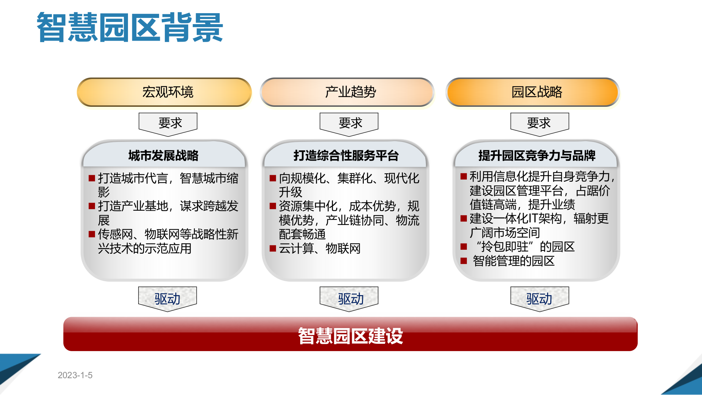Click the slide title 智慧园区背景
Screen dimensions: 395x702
130,27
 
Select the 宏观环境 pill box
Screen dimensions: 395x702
165,92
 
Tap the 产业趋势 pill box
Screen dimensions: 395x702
347,92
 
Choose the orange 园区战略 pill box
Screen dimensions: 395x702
533,92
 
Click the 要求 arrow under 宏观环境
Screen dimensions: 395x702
168,123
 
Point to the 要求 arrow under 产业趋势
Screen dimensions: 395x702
349,123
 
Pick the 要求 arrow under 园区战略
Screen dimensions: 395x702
540,123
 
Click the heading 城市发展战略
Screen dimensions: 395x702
163,155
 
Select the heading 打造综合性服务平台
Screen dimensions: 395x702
346,155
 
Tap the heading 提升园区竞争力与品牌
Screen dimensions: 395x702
537,155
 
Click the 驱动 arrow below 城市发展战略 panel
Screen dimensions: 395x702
167,298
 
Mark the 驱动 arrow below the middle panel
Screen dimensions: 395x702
349,298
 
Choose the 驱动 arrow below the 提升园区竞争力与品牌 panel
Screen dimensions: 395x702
540,298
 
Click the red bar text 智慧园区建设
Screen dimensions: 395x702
350,336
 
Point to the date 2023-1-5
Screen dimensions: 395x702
75,375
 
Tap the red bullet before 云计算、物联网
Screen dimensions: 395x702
273,249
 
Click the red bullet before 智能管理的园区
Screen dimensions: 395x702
464,261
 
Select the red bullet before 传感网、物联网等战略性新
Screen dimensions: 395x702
92,234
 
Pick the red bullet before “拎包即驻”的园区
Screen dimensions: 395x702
464,247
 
